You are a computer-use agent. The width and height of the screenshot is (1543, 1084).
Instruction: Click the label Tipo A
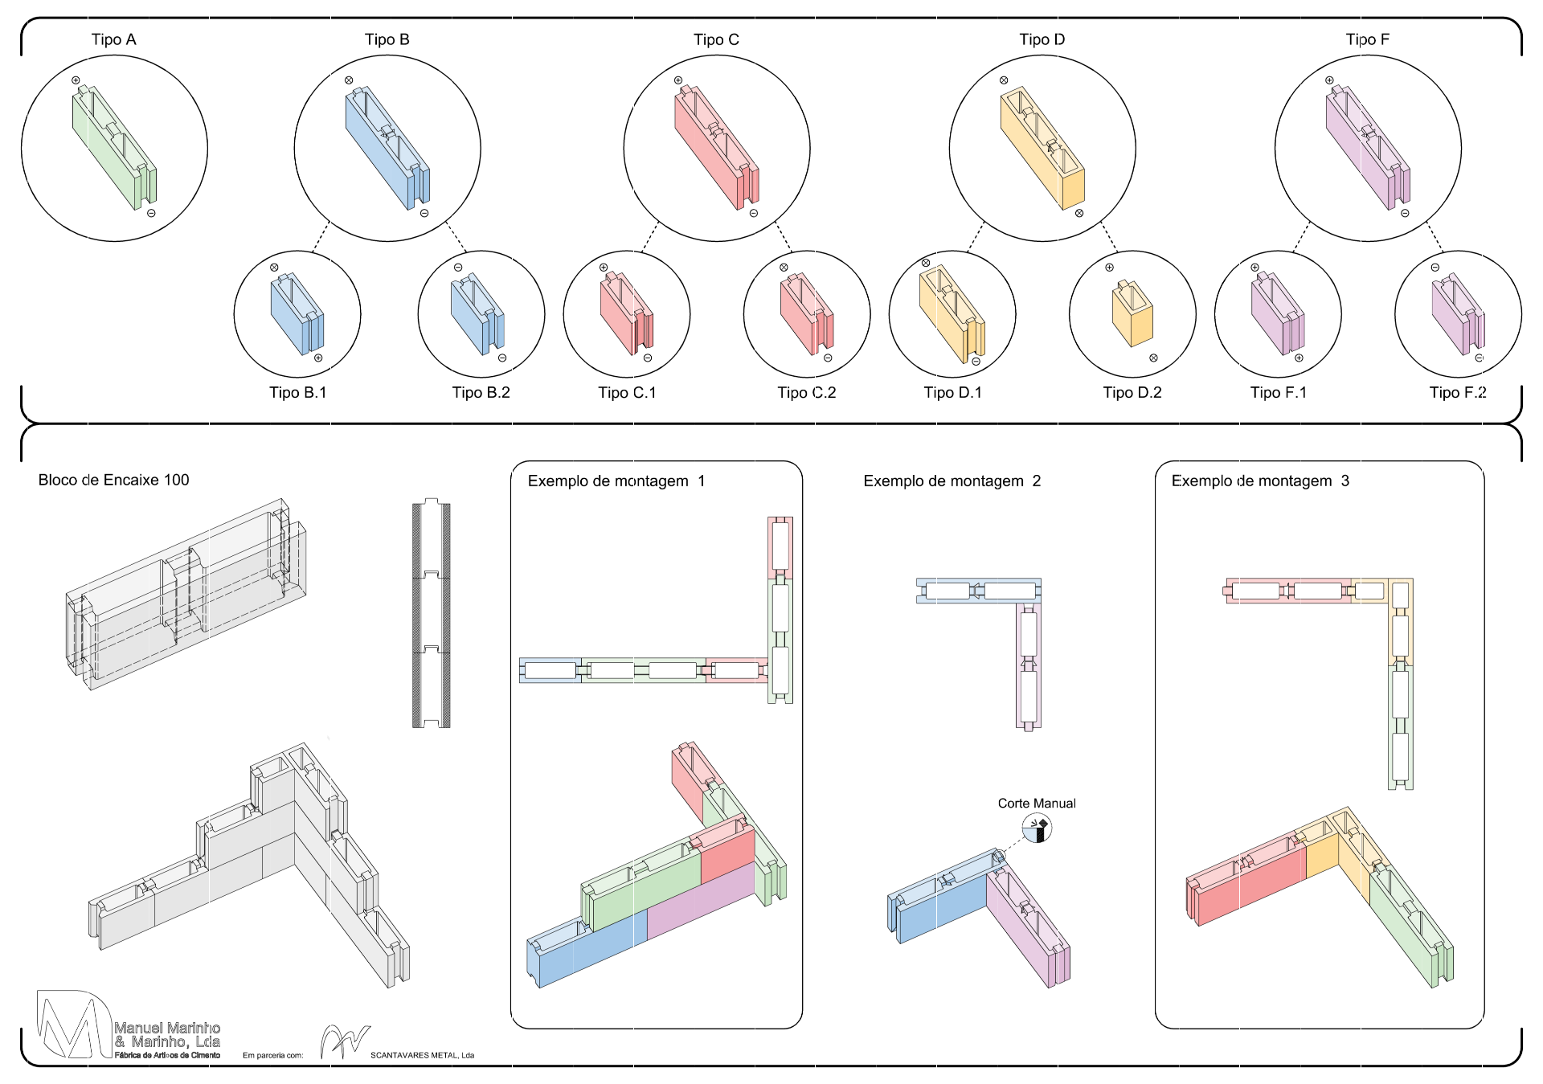(x=113, y=39)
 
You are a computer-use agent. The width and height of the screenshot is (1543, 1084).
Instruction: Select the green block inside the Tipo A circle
(x=114, y=148)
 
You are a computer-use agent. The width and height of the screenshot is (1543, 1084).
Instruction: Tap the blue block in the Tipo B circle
(x=387, y=148)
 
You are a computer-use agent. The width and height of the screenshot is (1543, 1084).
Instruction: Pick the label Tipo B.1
(x=297, y=392)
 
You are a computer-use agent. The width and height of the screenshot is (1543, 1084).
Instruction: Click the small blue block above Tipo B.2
(x=477, y=314)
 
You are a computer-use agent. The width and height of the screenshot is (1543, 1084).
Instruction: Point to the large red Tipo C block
(x=716, y=148)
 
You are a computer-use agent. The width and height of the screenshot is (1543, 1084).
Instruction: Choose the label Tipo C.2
(x=806, y=392)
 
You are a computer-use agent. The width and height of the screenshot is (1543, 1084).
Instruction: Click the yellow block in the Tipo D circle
(x=1042, y=148)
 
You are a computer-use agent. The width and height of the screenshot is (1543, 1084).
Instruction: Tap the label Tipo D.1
(x=952, y=392)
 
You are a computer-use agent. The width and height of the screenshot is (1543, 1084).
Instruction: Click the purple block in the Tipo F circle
(x=1368, y=148)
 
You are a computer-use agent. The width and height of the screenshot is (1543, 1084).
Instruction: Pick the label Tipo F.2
(x=1458, y=392)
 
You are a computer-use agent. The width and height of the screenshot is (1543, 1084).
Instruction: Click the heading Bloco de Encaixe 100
(x=113, y=480)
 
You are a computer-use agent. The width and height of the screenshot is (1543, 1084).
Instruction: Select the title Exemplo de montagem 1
(x=616, y=481)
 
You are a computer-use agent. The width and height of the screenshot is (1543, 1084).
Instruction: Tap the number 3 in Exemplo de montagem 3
(x=1344, y=481)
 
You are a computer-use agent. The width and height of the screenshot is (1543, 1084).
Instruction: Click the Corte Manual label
(x=1037, y=803)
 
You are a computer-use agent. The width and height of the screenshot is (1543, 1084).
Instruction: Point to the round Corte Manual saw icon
(x=1037, y=828)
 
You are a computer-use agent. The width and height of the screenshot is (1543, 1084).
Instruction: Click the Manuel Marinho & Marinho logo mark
(x=74, y=1025)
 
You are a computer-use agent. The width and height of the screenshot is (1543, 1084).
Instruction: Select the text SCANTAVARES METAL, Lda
(x=422, y=1055)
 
